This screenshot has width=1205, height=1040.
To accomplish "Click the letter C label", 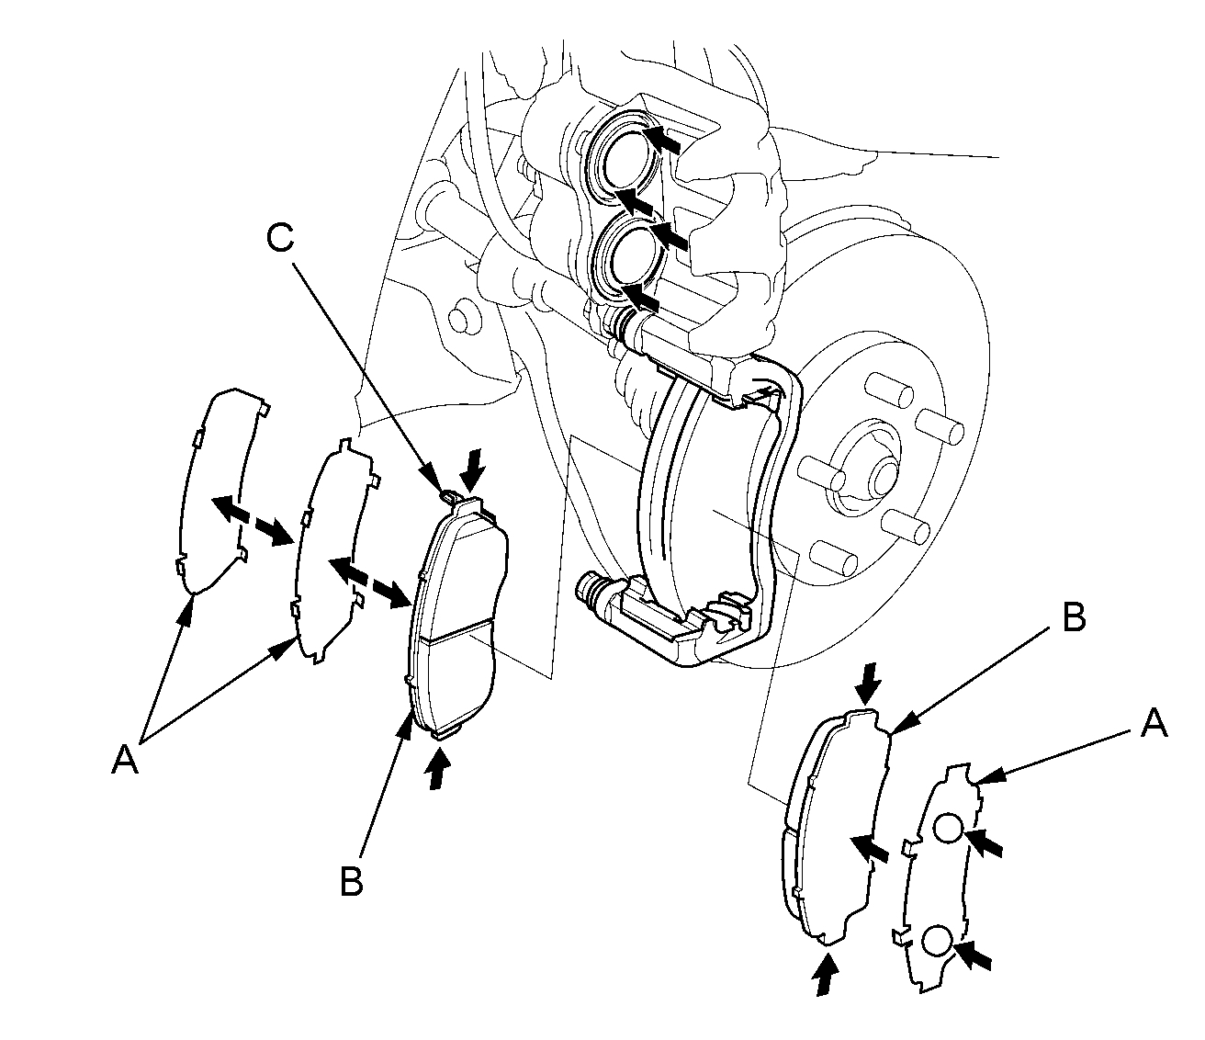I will coord(280,238).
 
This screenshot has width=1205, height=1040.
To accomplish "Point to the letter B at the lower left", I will coord(351,881).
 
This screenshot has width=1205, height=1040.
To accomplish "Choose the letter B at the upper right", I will coord(1074,618).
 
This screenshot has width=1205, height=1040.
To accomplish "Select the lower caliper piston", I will coord(628,250).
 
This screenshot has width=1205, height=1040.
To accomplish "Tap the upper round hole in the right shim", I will coord(948,830).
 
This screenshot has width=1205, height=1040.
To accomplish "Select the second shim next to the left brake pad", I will coord(331,551).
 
